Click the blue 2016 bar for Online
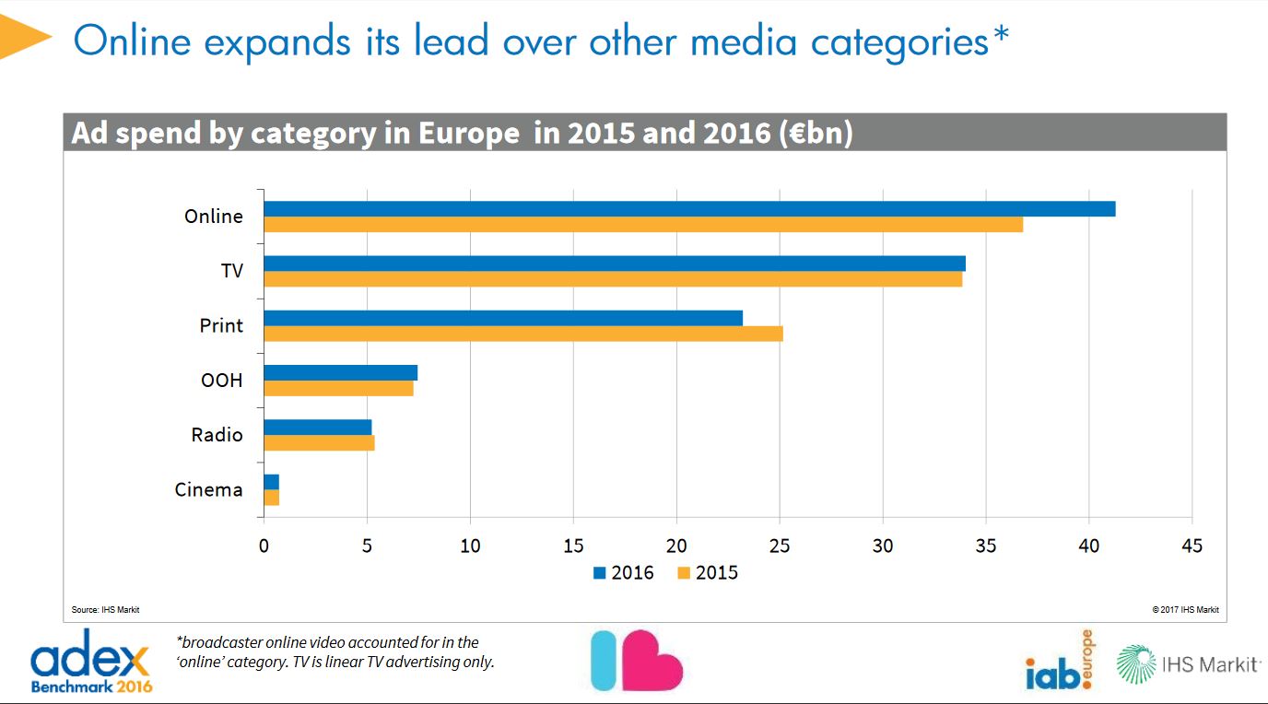[x=689, y=209]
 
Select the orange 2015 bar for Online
[x=643, y=225]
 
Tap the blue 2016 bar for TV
[x=615, y=264]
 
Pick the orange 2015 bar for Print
[x=523, y=334]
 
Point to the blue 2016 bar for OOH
[x=340, y=372]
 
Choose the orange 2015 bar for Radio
[x=319, y=443]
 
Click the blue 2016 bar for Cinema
[x=271, y=482]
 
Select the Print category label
[x=221, y=325]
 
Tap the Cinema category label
[x=208, y=489]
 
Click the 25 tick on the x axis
[x=781, y=546]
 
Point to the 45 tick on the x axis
[x=1192, y=546]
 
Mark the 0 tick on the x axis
[x=264, y=546]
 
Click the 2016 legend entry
[x=624, y=572]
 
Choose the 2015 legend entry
[x=708, y=572]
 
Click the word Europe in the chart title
[x=468, y=134]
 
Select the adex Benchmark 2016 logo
[x=90, y=661]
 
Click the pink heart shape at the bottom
[x=652, y=661]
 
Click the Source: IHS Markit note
[x=105, y=610]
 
